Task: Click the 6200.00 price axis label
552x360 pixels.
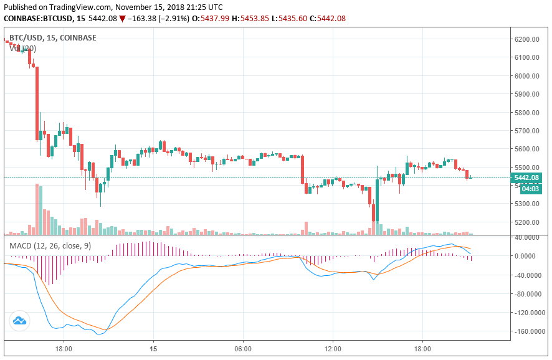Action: [526, 39]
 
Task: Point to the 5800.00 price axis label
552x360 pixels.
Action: [526, 113]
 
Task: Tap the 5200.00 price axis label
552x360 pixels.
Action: [526, 222]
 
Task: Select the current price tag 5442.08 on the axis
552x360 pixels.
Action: [526, 178]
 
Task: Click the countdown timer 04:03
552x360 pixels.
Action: [530, 189]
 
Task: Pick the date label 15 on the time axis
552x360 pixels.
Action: [153, 349]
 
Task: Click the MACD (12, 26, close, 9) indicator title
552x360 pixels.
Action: [50, 246]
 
